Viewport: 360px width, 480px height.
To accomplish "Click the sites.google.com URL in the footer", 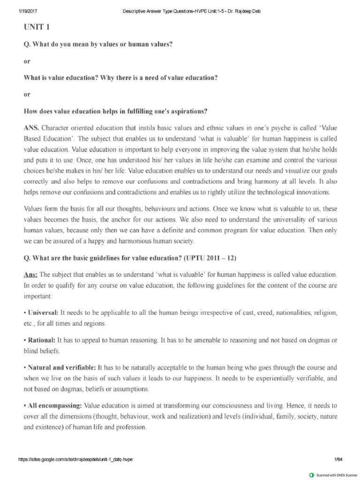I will click(75, 460).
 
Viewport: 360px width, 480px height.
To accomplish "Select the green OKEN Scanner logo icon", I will click(313, 474).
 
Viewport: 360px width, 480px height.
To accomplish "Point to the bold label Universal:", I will click(42, 312).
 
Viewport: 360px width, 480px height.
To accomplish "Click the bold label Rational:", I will click(41, 339).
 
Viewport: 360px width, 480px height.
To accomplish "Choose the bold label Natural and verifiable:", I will click(61, 368).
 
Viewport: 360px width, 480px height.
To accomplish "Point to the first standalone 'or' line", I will click(27, 61).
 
